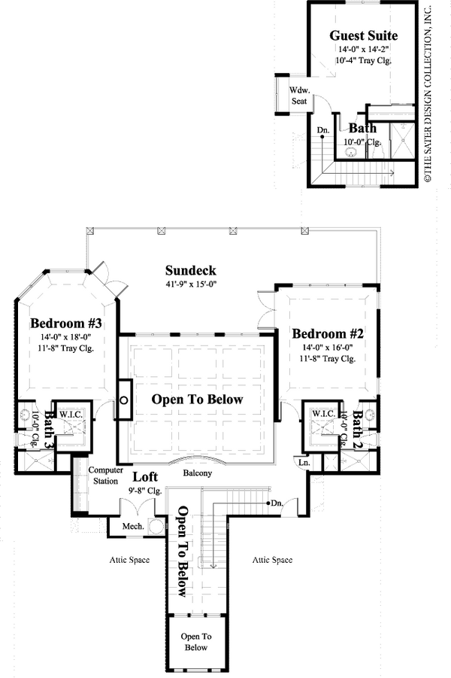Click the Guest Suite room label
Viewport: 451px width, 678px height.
[x=364, y=35]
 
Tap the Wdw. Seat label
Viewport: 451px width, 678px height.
[x=289, y=96]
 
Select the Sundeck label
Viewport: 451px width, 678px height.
[x=191, y=270]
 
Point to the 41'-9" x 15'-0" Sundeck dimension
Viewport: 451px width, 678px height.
[x=191, y=284]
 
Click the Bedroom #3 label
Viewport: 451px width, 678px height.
[x=66, y=324]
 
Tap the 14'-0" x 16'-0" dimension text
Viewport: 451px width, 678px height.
[x=328, y=347]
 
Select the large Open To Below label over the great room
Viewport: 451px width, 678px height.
[x=198, y=400]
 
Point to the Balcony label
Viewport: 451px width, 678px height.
[x=198, y=473]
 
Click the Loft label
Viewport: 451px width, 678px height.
[x=145, y=477]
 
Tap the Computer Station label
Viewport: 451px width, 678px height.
[x=105, y=475]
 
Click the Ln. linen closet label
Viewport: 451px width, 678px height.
[x=305, y=461]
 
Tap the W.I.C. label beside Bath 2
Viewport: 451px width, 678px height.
[x=323, y=414]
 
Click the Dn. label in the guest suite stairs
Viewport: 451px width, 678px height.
[x=323, y=130]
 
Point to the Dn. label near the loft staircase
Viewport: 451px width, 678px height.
[x=277, y=503]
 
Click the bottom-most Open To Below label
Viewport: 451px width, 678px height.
[x=195, y=641]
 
